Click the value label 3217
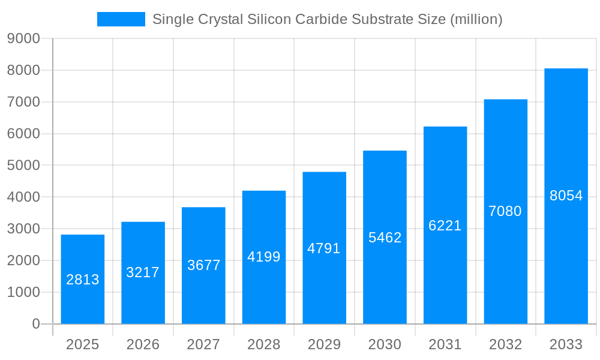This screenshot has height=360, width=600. (143, 272)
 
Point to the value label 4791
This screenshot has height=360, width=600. (324, 248)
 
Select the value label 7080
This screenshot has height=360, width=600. (505, 211)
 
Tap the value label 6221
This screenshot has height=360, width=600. (445, 226)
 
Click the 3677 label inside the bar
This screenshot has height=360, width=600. (203, 265)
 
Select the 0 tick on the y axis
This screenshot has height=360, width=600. (36, 324)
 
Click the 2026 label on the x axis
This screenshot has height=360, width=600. (143, 344)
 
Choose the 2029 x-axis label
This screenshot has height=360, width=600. (324, 344)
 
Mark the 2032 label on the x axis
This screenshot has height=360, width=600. (505, 344)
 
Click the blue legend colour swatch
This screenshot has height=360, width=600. (121, 19)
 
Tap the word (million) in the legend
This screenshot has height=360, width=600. (475, 19)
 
